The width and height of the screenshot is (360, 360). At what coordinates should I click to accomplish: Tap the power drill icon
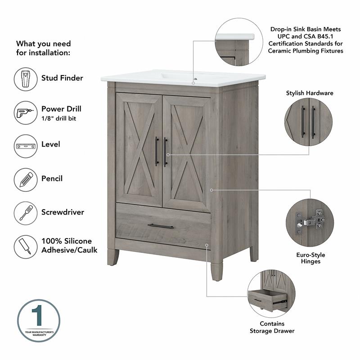click(25, 112)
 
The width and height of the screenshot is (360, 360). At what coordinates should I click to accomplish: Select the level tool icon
click(25, 146)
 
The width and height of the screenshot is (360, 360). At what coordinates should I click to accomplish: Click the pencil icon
click(25, 179)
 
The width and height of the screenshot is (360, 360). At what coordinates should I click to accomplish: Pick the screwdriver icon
click(25, 212)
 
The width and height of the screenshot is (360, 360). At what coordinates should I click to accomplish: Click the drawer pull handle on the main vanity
click(160, 226)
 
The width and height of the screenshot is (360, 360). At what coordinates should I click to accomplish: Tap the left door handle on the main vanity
click(157, 151)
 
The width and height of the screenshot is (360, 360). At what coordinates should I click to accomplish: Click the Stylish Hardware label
click(310, 93)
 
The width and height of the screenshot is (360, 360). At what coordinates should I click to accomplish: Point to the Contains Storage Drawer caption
click(272, 327)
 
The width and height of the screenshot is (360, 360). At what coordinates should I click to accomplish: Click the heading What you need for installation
click(43, 48)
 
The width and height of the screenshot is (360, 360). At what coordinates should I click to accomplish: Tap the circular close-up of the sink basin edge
click(235, 42)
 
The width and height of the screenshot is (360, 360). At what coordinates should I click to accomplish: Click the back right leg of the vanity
click(254, 254)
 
